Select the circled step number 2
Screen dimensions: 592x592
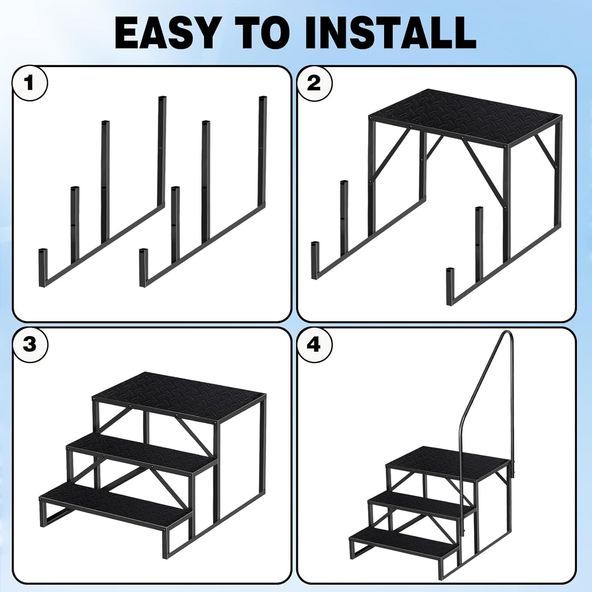314,84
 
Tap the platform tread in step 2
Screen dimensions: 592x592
465,116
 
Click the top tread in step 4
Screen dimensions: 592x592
449,463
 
